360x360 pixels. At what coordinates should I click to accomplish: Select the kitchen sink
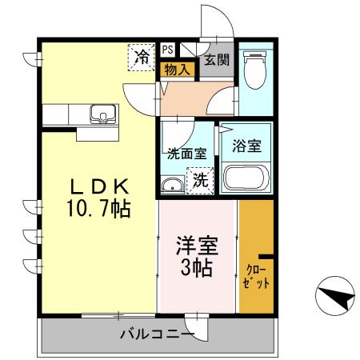[x=102, y=114]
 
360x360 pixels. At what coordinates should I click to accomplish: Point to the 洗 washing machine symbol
[x=199, y=180]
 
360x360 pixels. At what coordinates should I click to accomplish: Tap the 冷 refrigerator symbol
[x=142, y=57]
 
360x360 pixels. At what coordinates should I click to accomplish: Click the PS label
[x=167, y=49]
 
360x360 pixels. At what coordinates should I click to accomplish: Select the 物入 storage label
[x=176, y=69]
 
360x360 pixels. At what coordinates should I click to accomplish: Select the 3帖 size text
[x=197, y=268]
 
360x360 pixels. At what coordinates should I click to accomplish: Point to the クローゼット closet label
[x=256, y=276]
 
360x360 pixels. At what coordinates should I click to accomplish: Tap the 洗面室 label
[x=185, y=151]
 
